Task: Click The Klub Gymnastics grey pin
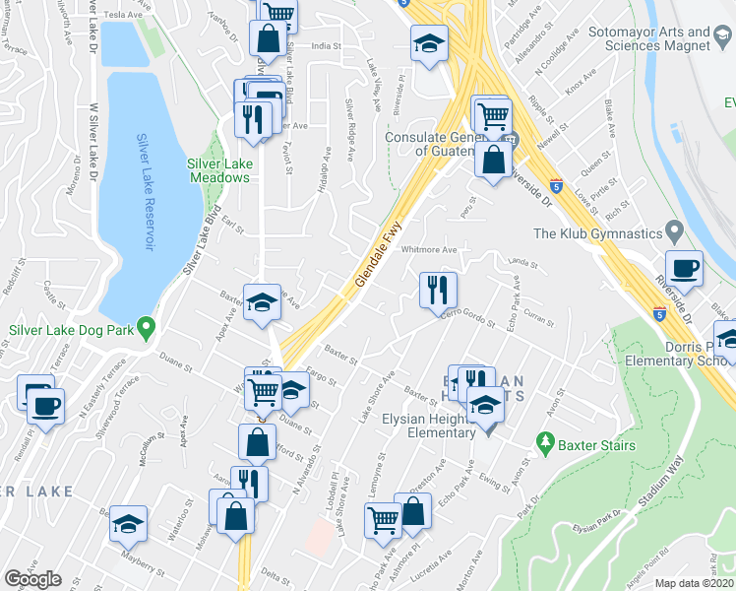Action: tap(675, 234)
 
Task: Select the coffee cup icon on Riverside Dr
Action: tap(684, 268)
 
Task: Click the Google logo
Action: tap(32, 579)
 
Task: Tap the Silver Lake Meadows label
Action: tap(219, 171)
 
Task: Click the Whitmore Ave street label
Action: tap(429, 250)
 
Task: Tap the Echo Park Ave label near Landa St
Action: tap(515, 296)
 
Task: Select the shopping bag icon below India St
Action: tap(268, 40)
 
